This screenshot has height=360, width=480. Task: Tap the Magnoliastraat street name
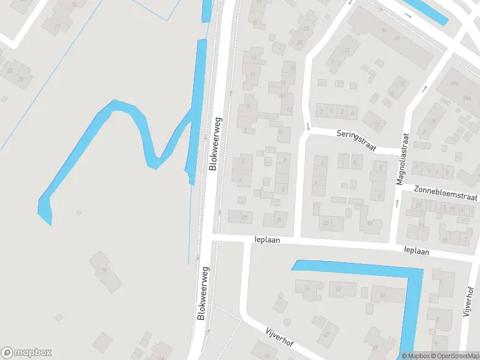point(399,159)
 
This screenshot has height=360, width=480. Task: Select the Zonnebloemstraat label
point(446,193)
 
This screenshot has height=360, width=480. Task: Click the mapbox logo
point(26,353)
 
